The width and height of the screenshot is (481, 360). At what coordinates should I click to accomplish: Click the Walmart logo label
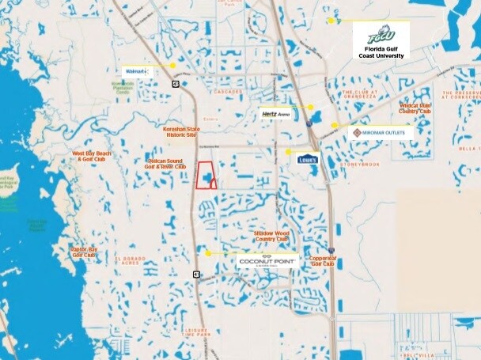[x=135, y=71]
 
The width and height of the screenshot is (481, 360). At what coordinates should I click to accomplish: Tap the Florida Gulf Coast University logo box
[x=381, y=41]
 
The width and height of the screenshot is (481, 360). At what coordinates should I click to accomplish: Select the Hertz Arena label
[x=276, y=114]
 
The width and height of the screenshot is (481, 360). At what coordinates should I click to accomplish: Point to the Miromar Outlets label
[x=380, y=133]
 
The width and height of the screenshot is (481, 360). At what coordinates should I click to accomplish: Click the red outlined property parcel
[x=205, y=175]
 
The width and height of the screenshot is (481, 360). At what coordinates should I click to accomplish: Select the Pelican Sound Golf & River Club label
[x=166, y=164]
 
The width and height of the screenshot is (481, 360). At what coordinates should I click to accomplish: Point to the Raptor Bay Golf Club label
[x=84, y=251]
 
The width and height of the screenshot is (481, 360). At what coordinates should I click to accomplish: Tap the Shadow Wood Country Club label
[x=271, y=236]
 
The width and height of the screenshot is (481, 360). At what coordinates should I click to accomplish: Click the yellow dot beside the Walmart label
[x=172, y=66]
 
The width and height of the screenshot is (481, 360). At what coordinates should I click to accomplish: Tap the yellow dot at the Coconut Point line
[x=208, y=253]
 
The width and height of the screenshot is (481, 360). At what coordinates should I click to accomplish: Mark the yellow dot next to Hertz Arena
[x=311, y=107]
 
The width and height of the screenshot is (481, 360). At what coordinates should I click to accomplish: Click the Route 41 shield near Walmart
[x=176, y=82]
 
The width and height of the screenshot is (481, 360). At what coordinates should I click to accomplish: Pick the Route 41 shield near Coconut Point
[x=195, y=274]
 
